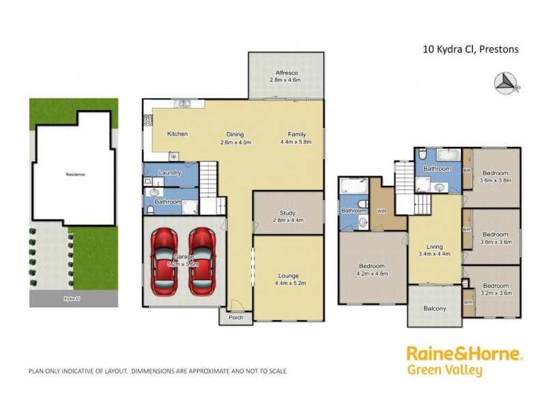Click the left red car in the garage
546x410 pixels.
(x=166, y=263)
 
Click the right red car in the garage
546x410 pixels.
(x=202, y=263)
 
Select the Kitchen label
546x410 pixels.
(x=177, y=134)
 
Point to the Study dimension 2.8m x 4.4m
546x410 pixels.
(x=287, y=220)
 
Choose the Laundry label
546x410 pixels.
(x=169, y=173)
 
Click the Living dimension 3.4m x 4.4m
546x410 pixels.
(x=435, y=254)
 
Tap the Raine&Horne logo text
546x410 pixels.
(x=464, y=354)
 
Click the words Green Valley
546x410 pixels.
(x=444, y=371)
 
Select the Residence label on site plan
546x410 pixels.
(x=75, y=174)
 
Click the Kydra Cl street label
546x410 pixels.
(x=71, y=299)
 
